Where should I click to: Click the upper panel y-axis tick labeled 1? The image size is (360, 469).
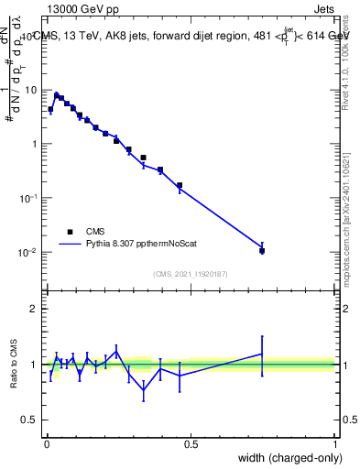pos(35,144)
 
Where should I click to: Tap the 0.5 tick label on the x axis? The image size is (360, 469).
pos(191,444)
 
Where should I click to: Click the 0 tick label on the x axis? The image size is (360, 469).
pos(46,444)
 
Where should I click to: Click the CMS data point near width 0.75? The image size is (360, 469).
pos(262,250)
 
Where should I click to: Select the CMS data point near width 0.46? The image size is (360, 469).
pos(180,185)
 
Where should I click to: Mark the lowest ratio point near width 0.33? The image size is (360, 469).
pos(144,390)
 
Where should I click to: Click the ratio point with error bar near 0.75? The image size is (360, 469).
pos(262,354)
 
